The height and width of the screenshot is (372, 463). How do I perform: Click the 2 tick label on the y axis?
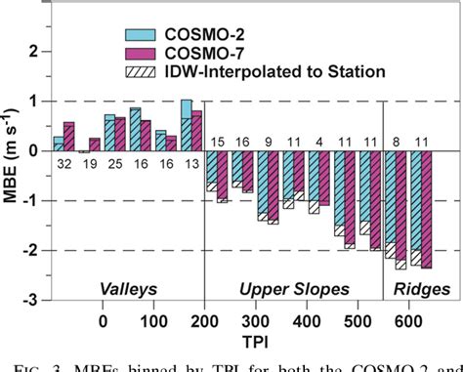tap(38, 51)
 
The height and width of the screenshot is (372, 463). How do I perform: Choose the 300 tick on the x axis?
tap(255, 322)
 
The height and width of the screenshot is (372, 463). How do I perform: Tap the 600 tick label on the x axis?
tap(408, 322)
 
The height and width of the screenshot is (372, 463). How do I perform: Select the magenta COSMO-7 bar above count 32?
tap(68, 137)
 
